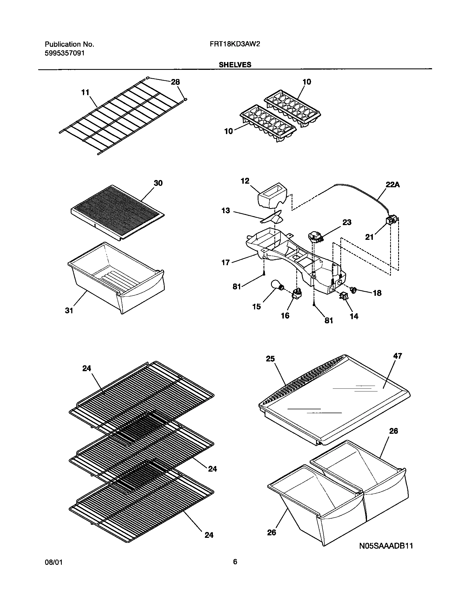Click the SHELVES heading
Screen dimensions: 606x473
(x=235, y=65)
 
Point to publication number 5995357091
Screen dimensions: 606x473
(x=65, y=53)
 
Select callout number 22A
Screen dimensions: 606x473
(x=393, y=184)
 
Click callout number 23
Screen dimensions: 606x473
(x=347, y=222)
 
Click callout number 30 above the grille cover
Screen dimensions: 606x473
(x=158, y=183)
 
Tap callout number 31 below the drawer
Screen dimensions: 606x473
(x=69, y=311)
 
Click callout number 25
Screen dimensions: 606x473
(x=270, y=359)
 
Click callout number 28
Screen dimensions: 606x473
(x=175, y=82)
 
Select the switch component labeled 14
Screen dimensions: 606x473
(x=344, y=297)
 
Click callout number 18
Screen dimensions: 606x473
(x=377, y=293)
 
